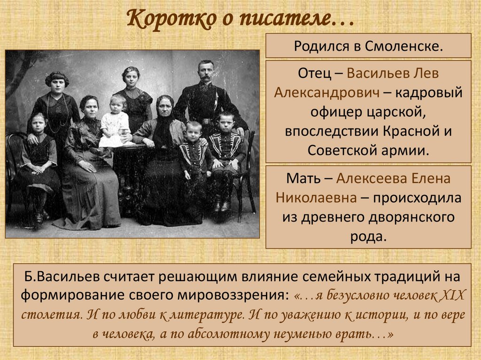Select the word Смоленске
[404, 46]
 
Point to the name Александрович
[327, 92]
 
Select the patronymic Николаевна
[316, 198]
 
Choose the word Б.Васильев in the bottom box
[62, 276]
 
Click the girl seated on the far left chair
[39, 162]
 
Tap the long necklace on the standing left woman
[57, 114]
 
